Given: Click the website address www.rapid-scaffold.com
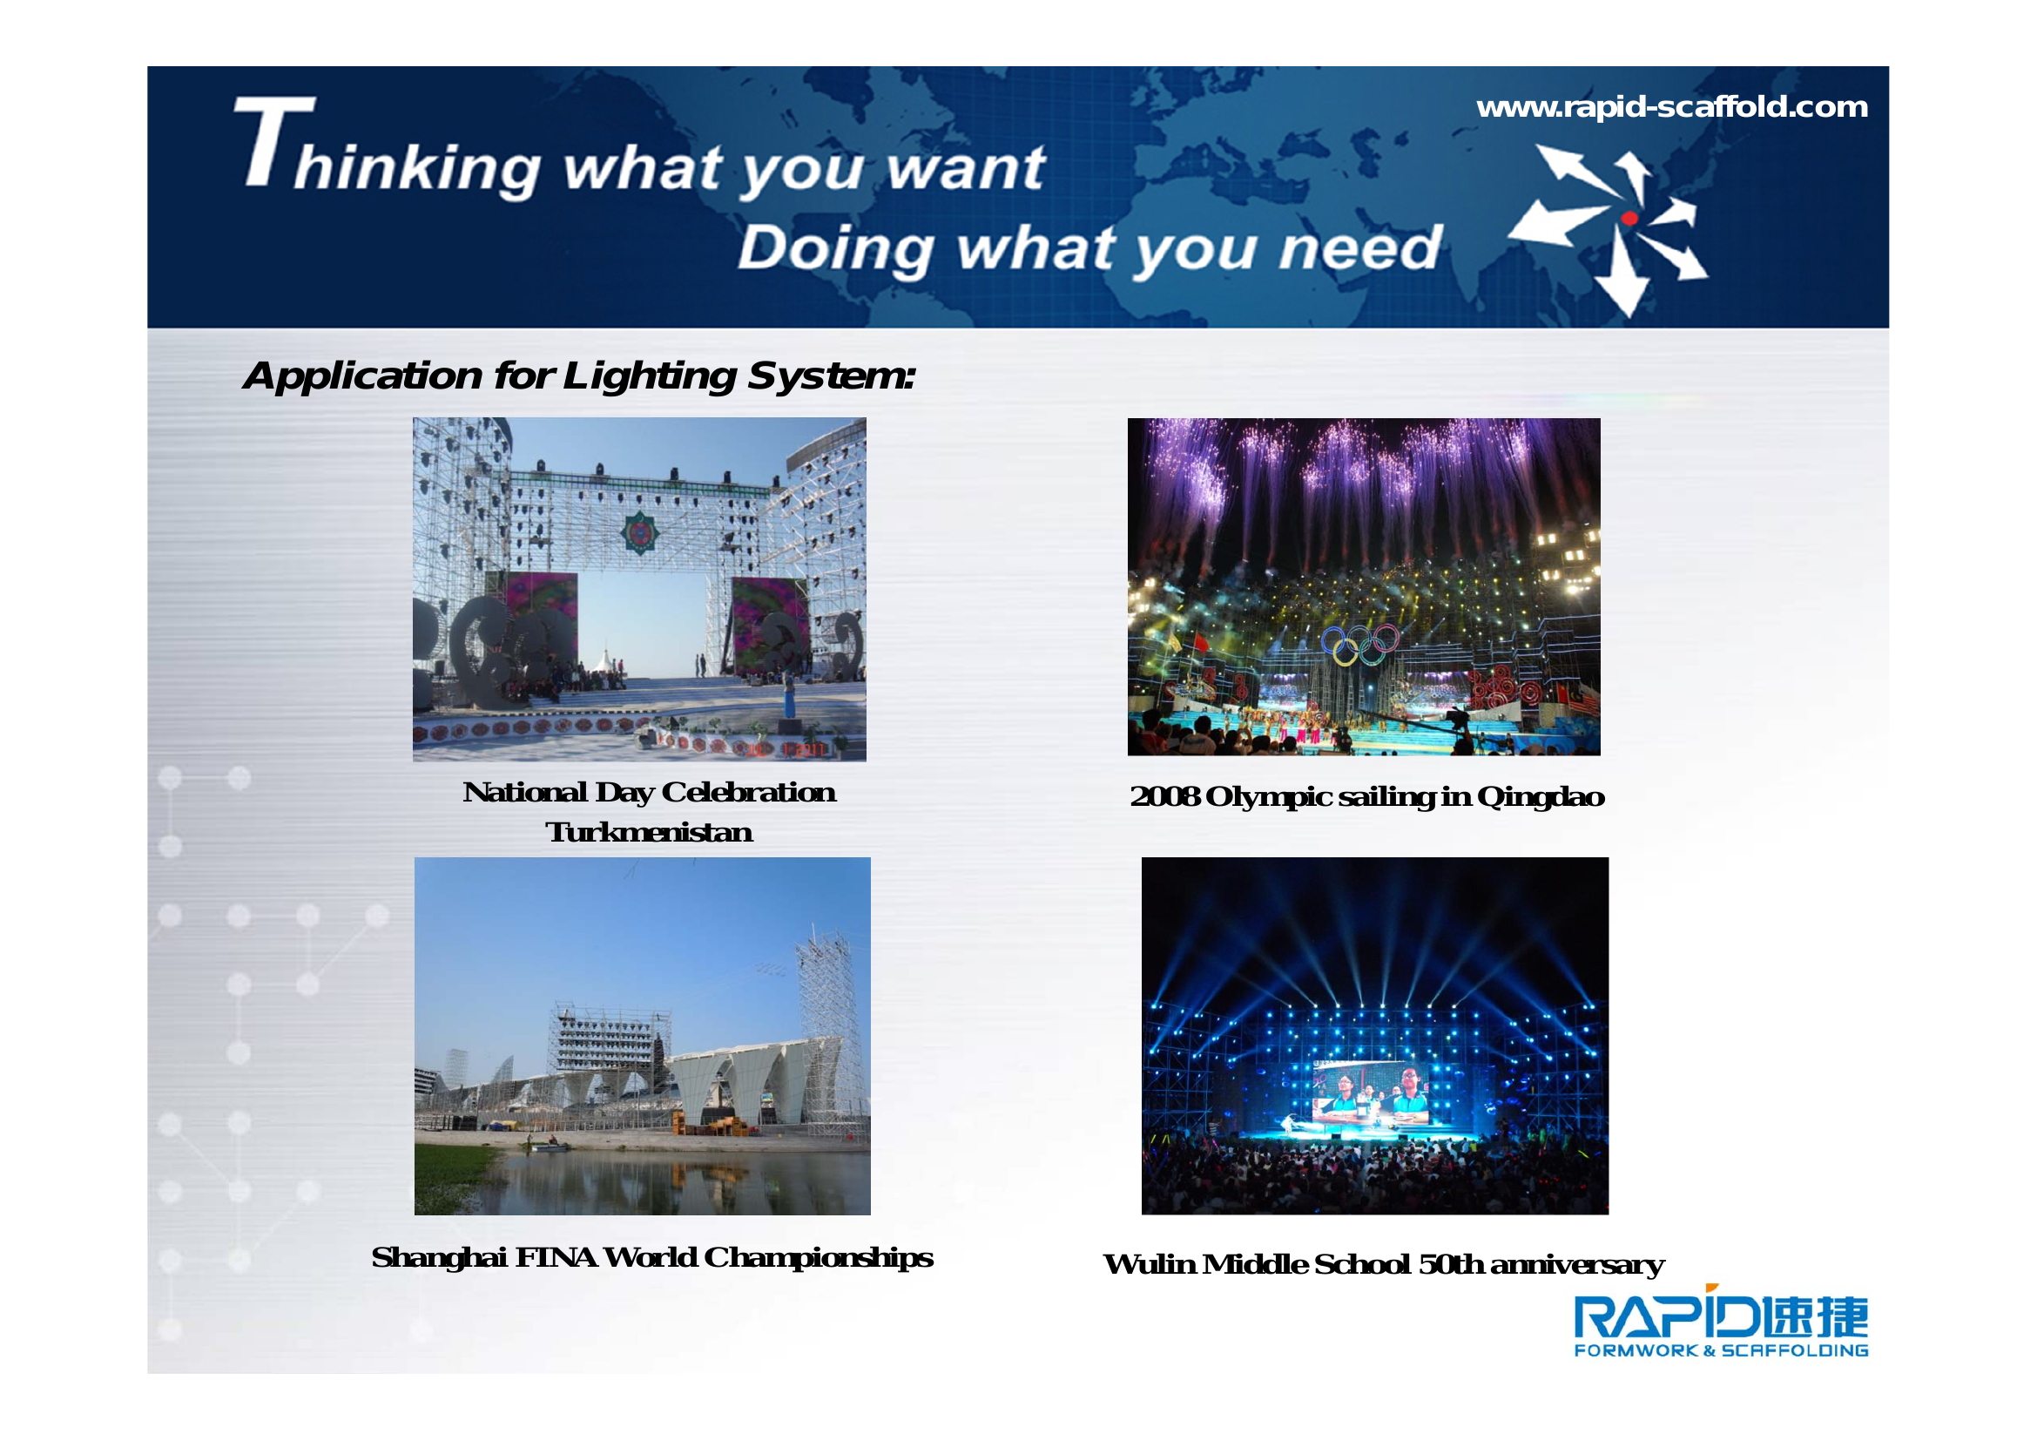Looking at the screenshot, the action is pyautogui.click(x=1671, y=107).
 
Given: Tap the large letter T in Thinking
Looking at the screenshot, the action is pyautogui.click(x=275, y=141).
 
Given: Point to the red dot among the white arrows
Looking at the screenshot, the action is pyautogui.click(x=1629, y=219).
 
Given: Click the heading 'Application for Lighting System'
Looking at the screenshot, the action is pyautogui.click(x=578, y=375).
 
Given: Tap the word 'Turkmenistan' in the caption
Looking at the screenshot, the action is pyautogui.click(x=649, y=832).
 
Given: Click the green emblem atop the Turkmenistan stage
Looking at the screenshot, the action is pyautogui.click(x=638, y=532).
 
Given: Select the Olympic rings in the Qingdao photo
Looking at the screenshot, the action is pyautogui.click(x=1360, y=643).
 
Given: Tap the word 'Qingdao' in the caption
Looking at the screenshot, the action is pyautogui.click(x=1541, y=798).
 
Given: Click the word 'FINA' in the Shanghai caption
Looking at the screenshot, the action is pyautogui.click(x=556, y=1257).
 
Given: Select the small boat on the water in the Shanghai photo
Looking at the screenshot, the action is pyautogui.click(x=551, y=1147).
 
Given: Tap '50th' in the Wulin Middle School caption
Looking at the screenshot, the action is pyautogui.click(x=1451, y=1263).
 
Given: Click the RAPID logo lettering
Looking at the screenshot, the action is pyautogui.click(x=1666, y=1317).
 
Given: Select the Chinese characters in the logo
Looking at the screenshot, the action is pyautogui.click(x=1815, y=1316).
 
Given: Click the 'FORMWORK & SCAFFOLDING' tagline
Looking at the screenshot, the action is pyautogui.click(x=1721, y=1350).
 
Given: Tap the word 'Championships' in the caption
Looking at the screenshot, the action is pyautogui.click(x=818, y=1258).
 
